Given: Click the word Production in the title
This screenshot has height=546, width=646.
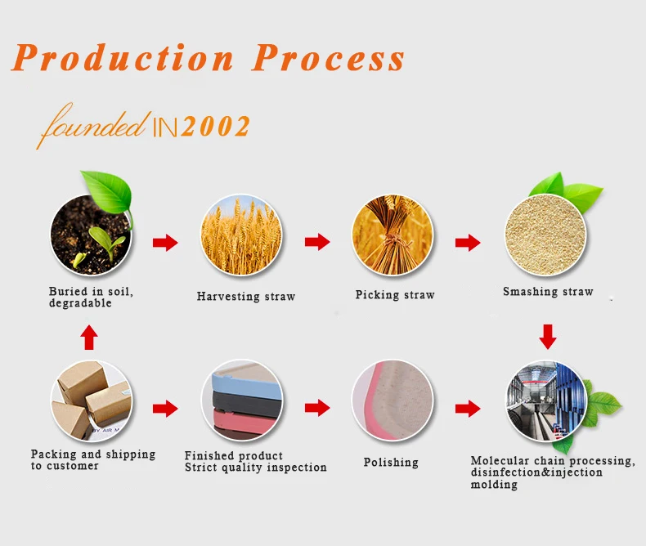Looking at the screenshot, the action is pos(123,57).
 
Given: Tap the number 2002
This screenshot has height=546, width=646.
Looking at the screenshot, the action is pos(215,126).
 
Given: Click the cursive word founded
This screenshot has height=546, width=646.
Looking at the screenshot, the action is pos(93,123).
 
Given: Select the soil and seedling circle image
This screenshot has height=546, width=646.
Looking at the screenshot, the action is pos(91,235).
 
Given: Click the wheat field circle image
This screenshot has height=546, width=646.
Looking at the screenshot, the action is pos(241,235).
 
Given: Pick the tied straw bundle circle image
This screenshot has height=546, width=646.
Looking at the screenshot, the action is pos(393,235).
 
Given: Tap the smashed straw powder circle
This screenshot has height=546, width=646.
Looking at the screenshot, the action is pos(545,235).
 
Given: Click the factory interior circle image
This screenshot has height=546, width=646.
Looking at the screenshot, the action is pos(547,401).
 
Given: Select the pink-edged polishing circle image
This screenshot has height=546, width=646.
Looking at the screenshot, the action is pos(393,401).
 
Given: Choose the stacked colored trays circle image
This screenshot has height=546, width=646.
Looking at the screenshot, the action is pos(242,401).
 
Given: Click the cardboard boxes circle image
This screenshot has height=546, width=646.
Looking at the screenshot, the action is pos(92,401).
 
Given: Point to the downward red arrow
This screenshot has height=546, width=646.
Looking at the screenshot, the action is pos(548,337).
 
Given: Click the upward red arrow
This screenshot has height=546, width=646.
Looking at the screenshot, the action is pos(89,338).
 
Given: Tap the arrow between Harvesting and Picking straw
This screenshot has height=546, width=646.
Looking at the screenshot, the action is pos(317,242).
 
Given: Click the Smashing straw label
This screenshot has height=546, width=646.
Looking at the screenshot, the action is pos(548,292).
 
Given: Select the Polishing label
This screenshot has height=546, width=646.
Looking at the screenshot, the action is pos(391,463).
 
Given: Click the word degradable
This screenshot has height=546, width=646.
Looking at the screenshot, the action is pos(80,303).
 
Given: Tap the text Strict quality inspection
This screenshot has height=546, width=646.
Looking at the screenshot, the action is pos(255,468).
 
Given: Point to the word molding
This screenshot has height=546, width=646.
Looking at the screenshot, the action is pos(494,485).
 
